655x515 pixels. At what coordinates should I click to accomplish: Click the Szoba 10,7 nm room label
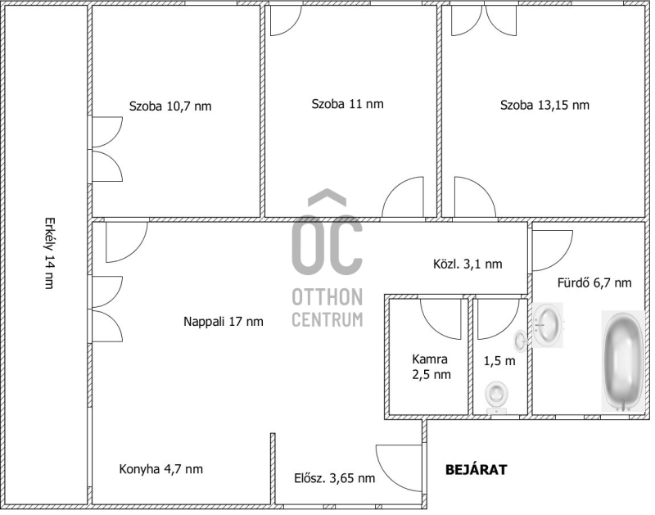tap(170, 106)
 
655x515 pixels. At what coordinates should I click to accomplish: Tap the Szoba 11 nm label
tap(347, 104)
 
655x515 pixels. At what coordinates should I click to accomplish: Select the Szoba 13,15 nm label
tap(544, 105)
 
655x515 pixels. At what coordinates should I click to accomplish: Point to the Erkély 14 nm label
tap(50, 253)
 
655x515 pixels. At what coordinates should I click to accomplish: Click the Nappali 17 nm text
tap(224, 322)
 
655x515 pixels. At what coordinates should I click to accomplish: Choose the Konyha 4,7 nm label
tap(161, 469)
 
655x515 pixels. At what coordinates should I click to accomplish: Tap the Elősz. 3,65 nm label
tap(335, 478)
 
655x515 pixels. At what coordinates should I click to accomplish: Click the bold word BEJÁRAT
tap(477, 469)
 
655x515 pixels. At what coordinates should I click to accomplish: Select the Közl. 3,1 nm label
tap(468, 264)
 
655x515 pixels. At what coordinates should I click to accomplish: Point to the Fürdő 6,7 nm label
tap(594, 282)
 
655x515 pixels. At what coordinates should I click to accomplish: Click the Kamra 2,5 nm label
tap(431, 367)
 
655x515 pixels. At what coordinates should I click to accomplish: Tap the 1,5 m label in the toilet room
tap(499, 361)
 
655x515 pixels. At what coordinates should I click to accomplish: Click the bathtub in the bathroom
tap(623, 361)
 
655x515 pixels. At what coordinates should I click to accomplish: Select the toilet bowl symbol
tap(497, 398)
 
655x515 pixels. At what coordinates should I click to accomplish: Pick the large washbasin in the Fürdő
tap(548, 325)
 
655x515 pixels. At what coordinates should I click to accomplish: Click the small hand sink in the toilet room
tap(521, 341)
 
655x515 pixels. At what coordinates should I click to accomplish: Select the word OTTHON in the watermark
tap(327, 297)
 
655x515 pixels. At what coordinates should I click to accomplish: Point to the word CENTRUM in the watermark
tap(327, 319)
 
